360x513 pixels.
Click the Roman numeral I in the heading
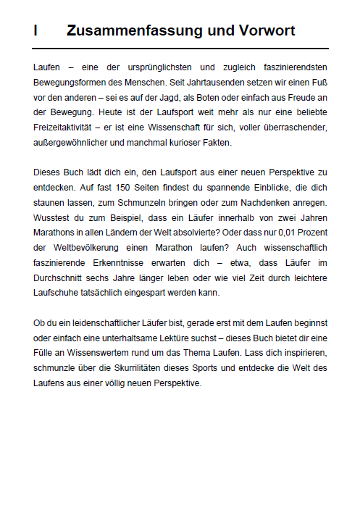point(35,30)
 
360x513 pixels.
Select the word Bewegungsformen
point(66,81)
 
